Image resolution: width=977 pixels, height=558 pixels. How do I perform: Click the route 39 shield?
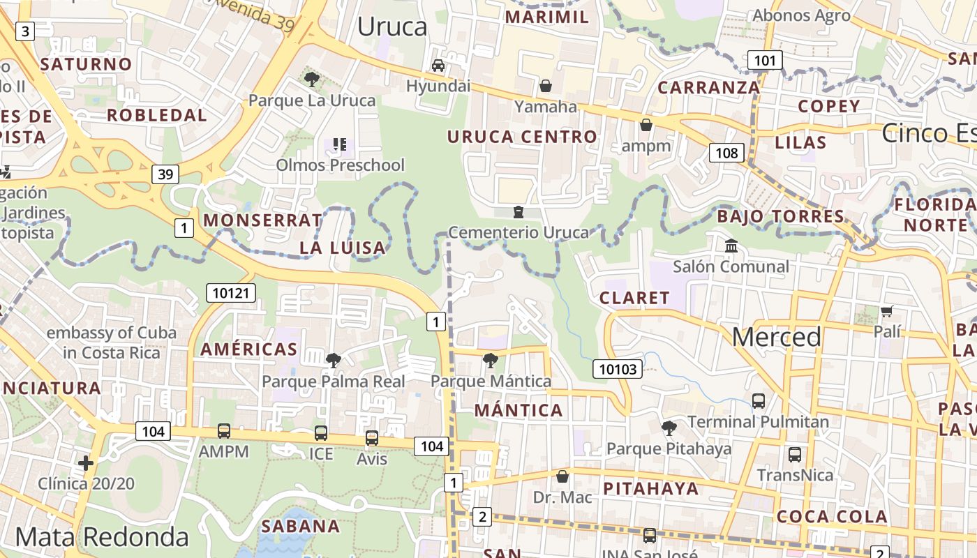coord(165,174)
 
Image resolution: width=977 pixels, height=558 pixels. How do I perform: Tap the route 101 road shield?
coord(765,61)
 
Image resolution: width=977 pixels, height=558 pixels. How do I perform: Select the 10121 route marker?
coord(230,292)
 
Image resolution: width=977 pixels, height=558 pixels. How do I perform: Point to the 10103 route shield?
coord(618,368)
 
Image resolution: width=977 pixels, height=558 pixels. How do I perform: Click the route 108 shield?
coord(726,153)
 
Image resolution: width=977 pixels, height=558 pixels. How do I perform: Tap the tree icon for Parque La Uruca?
coord(312,80)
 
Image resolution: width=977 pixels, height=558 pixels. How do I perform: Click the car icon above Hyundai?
coord(438,66)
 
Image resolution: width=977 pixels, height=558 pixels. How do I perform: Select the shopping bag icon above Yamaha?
coord(546,86)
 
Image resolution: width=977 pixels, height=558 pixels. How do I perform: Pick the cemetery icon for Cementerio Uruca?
coord(518,211)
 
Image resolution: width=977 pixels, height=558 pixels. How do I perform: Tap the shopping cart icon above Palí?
coord(886,311)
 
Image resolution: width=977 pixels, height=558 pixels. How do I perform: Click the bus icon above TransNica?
coord(794,455)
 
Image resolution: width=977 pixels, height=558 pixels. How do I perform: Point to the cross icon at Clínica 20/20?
coord(86,462)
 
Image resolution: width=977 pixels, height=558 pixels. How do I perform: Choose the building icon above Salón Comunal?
coord(731,246)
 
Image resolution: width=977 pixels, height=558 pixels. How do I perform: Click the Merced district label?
coord(776,338)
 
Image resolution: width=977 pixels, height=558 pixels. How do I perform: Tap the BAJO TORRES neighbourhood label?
coord(781,216)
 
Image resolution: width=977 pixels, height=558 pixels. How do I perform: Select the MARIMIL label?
coord(546,17)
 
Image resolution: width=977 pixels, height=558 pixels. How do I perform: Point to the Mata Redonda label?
coord(102,537)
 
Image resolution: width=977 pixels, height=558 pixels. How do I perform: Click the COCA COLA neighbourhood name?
coord(832,517)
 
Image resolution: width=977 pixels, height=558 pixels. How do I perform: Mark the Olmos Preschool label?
coord(340,165)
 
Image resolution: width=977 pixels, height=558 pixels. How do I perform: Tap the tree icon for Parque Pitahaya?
coord(669,428)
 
